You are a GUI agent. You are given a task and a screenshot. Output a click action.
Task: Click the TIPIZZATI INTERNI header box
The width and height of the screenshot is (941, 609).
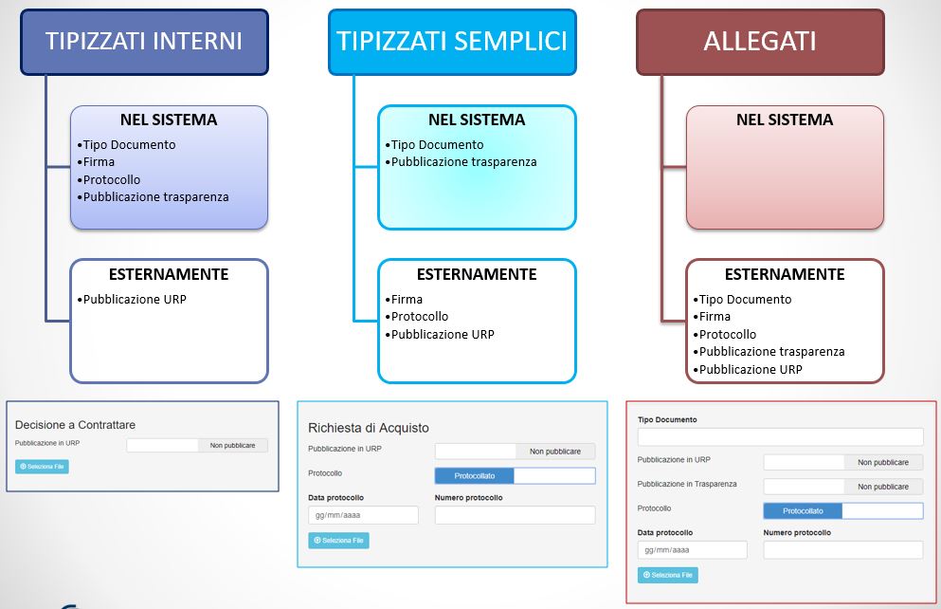coord(144,42)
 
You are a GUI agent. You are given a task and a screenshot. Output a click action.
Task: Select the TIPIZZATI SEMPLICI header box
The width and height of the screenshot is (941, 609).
coord(452,42)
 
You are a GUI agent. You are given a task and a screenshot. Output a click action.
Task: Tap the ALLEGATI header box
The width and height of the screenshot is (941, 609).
coord(760,42)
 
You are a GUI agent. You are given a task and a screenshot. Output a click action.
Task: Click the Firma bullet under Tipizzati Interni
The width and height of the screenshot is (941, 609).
coord(99,162)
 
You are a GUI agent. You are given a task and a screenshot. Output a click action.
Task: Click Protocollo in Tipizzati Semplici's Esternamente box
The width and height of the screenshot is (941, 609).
coord(419,317)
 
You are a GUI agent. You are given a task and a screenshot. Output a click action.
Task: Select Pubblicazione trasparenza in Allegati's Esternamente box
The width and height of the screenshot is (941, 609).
coord(771,352)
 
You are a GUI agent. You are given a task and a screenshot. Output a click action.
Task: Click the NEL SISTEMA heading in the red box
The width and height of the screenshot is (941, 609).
coord(785,120)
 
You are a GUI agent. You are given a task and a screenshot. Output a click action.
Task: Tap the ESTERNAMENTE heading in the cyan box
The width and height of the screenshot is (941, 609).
coord(477,275)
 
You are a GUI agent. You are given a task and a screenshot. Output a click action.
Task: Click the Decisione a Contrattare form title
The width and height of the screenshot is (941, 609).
coord(82,426)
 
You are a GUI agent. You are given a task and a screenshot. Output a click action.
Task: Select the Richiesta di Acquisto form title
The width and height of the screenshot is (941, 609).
coord(369,429)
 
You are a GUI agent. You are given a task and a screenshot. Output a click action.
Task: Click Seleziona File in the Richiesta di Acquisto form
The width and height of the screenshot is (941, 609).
coord(338,541)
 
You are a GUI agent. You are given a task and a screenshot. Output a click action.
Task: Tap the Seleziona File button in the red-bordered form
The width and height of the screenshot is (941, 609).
coord(668,575)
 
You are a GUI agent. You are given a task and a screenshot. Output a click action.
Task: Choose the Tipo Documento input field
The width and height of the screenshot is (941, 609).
coord(780,436)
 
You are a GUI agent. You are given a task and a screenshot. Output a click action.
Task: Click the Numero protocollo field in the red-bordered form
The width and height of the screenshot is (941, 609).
coord(842,550)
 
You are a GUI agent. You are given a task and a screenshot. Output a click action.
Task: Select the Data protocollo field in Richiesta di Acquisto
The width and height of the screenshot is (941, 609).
coord(363,515)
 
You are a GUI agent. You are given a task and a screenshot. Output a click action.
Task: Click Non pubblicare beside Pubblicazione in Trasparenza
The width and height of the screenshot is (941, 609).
coord(883,487)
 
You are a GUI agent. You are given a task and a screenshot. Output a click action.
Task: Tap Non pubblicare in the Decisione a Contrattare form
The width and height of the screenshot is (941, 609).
coord(233,445)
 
